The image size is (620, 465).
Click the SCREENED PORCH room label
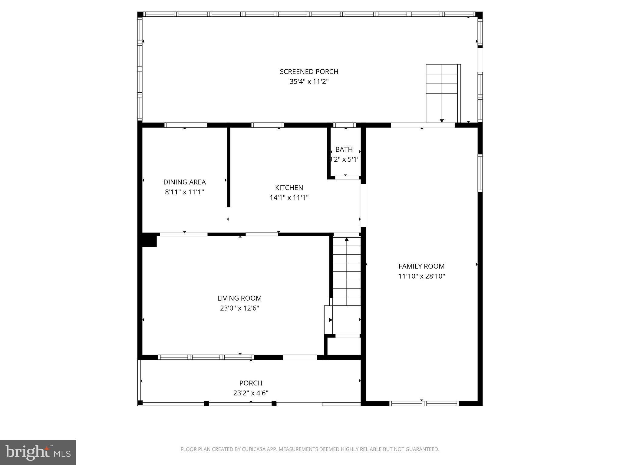point(309,72)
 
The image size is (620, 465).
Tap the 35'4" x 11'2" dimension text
point(309,82)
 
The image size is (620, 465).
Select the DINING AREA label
point(184,182)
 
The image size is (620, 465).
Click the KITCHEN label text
point(289,188)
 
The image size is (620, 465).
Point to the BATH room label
point(344,149)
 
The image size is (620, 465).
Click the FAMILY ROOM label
point(421,266)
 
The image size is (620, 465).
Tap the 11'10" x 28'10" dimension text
point(421,276)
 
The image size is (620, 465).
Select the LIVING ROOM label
point(239,298)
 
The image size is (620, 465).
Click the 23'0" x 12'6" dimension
point(239,308)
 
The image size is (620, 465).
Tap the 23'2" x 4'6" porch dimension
point(250,393)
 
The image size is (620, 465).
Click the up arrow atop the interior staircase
point(347,240)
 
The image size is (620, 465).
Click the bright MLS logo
point(38,453)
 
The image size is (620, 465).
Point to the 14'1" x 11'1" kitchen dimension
point(289,198)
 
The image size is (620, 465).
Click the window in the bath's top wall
point(345,125)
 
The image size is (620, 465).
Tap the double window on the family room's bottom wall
point(424,403)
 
